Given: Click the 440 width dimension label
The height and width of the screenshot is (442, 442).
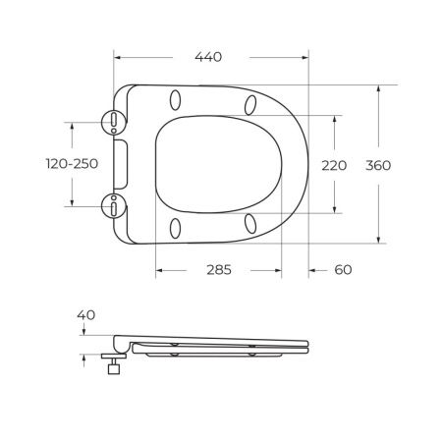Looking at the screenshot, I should click(x=207, y=57).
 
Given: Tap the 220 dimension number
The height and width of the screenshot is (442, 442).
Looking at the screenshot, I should click(x=335, y=165).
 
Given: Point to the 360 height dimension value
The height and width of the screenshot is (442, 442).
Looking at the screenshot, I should click(x=378, y=165).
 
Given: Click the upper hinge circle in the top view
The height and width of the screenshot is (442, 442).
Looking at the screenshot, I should click(x=115, y=121).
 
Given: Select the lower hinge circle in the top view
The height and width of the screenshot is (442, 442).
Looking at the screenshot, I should click(x=115, y=206).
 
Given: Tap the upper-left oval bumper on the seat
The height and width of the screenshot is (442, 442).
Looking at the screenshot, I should click(x=177, y=100).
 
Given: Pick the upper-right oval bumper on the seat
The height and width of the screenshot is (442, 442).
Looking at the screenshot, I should click(x=251, y=104).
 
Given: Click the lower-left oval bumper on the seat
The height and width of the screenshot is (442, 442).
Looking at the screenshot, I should click(x=177, y=228).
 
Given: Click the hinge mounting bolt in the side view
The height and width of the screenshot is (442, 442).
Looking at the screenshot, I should click(x=113, y=366).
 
